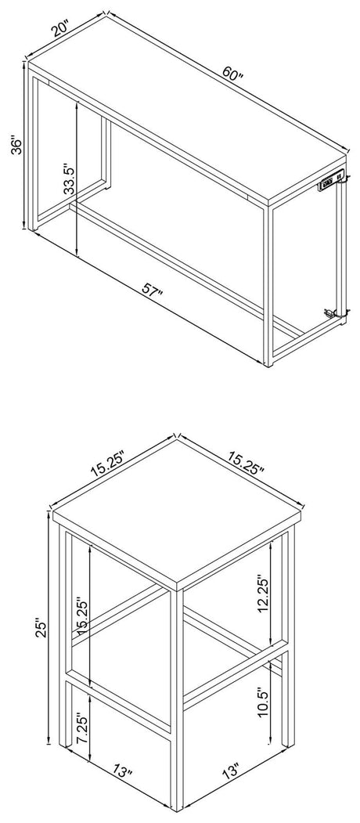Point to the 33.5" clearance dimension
(x=70, y=181)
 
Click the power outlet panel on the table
(x=331, y=182)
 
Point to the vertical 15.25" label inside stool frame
(x=77, y=607)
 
